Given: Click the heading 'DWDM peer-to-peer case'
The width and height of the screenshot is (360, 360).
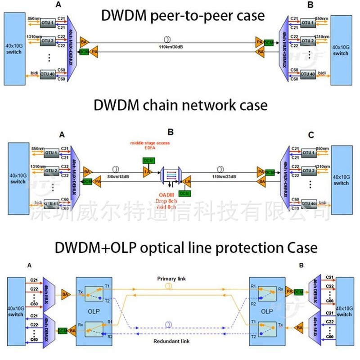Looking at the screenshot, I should click(183, 15).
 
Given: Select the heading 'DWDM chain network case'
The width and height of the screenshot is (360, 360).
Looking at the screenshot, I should click(180, 105).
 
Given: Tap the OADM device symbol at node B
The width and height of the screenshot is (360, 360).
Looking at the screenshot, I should click(171, 177).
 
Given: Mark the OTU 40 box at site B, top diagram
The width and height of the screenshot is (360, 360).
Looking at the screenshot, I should click(308, 74).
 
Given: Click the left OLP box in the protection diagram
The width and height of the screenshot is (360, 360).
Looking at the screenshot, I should click(94, 310).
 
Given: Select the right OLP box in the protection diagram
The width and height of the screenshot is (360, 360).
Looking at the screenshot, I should click(267, 310).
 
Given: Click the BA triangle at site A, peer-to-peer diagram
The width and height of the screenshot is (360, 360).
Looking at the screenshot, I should click(84, 42).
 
